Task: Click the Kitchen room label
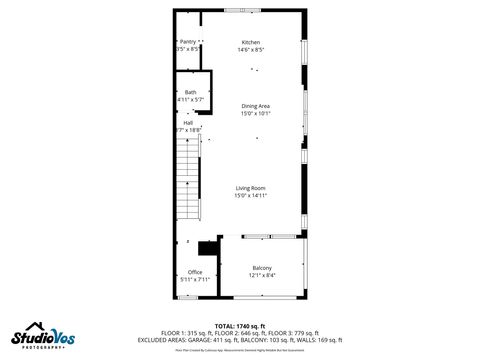coord(251,42)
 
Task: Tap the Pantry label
coord(188,42)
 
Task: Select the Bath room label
coord(190,92)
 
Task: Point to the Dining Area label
coord(255,106)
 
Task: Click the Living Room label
coord(250,188)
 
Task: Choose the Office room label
coord(195,272)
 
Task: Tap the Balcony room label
coord(262,268)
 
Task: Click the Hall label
coord(187,122)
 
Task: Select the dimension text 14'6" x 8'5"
coord(251,49)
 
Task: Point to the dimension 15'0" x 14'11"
coord(251,196)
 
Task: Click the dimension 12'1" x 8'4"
coord(262,275)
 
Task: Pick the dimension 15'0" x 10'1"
coord(255,114)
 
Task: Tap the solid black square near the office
coord(209,249)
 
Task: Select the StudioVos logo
coord(41,336)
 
